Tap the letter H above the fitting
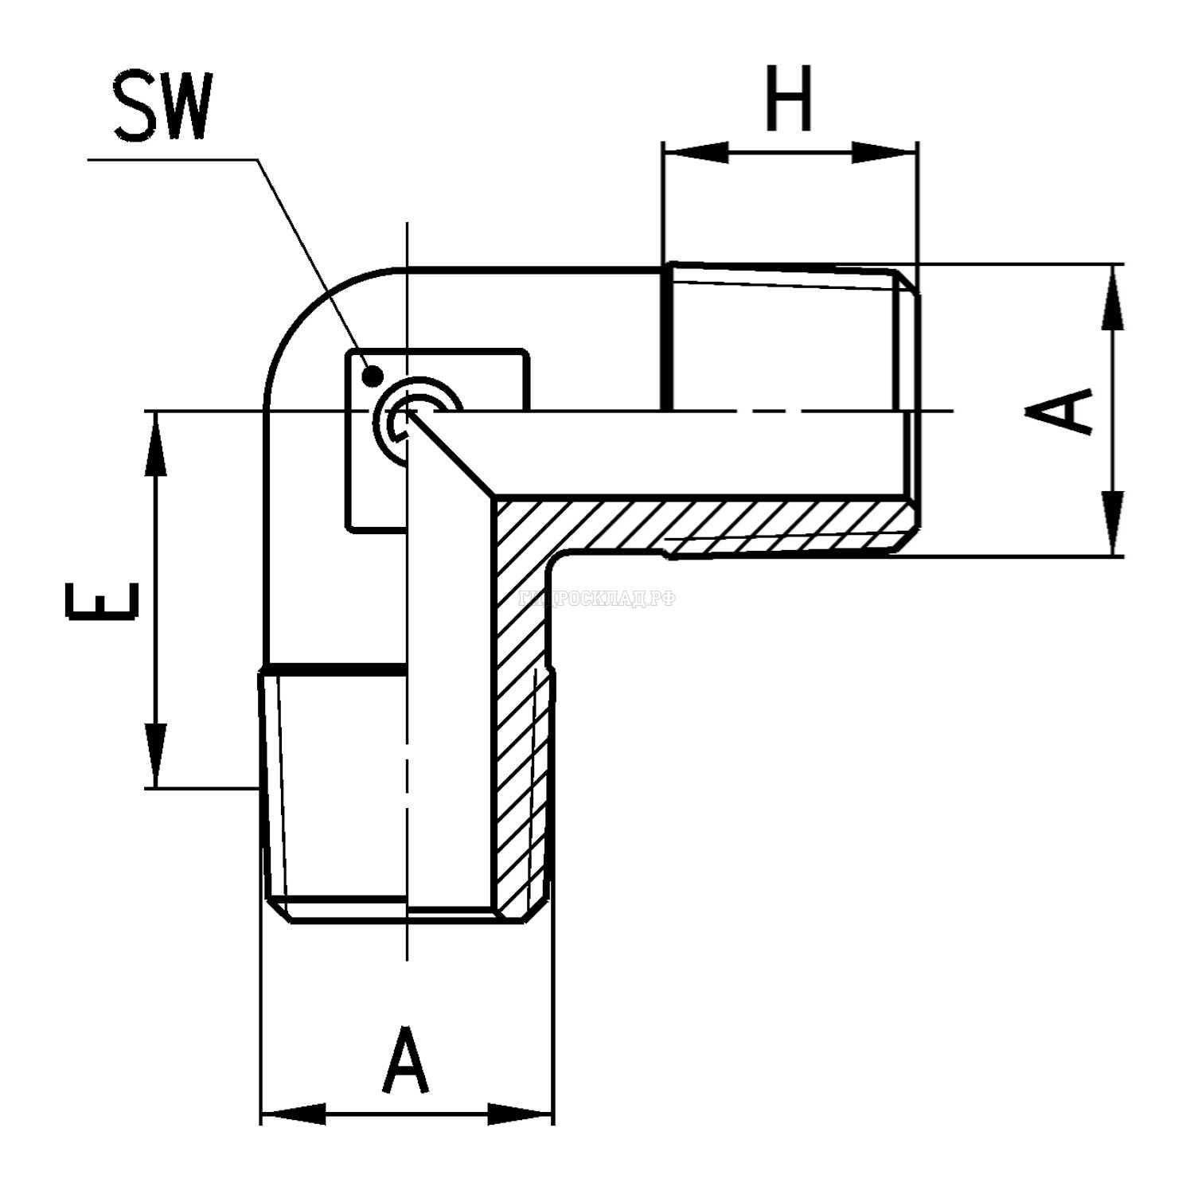click(788, 99)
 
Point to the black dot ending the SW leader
click(371, 375)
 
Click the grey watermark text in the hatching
click(597, 599)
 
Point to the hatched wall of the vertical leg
click(521, 716)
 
